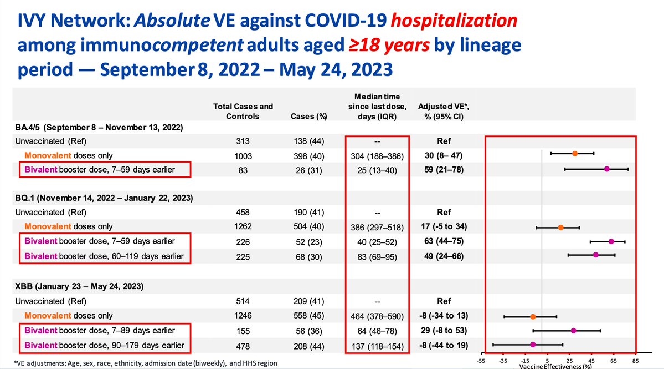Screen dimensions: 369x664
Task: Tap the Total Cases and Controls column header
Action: coord(243,111)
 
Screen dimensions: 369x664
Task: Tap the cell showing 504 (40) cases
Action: coord(306,226)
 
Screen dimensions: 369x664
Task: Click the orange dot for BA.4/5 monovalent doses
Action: coord(575,153)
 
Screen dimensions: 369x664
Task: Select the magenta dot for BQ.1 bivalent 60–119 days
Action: coord(595,255)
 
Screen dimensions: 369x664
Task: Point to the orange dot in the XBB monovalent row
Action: coord(533,317)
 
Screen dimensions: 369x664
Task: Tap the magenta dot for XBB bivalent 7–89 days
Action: coord(573,330)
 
